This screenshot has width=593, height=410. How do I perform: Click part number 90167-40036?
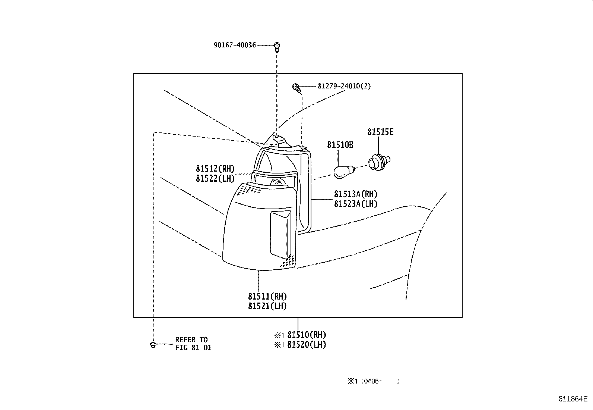tap(235, 45)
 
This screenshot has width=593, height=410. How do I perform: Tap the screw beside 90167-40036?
tap(277, 47)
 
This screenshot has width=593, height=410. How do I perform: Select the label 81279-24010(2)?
tap(344, 86)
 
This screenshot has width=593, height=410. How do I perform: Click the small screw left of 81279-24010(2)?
tap(296, 88)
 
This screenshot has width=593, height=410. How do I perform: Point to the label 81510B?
tap(340, 145)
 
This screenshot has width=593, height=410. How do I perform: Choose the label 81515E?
tap(380, 132)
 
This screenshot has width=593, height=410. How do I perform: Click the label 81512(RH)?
tap(215, 169)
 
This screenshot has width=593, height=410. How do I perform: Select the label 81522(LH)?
tap(215, 178)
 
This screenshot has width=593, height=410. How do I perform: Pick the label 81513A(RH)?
tap(356, 194)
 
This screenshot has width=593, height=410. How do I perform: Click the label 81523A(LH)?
tap(356, 204)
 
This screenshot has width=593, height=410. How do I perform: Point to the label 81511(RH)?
tap(267, 297)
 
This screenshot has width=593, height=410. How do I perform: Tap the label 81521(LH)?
tap(267, 306)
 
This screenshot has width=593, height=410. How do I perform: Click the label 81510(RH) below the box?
tap(306, 335)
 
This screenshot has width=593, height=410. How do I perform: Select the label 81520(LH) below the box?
tap(306, 345)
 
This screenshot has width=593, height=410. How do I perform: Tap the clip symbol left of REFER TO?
tap(153, 344)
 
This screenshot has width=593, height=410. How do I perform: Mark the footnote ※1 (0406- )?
tap(374, 381)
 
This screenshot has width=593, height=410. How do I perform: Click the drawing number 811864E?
tap(573, 398)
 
